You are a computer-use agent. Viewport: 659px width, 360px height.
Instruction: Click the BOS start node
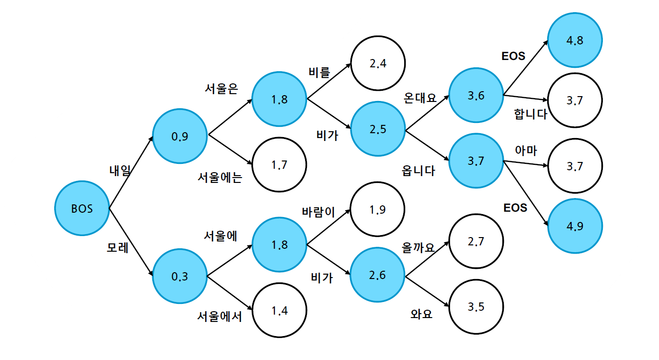click(x=82, y=208)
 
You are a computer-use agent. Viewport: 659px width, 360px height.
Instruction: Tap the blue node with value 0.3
click(x=180, y=277)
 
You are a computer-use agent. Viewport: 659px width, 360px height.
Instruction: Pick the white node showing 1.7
click(x=279, y=164)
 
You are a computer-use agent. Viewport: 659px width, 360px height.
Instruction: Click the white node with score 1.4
click(x=279, y=310)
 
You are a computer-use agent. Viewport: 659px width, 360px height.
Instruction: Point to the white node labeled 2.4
click(x=378, y=63)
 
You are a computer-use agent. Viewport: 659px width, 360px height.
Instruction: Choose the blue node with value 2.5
click(x=378, y=130)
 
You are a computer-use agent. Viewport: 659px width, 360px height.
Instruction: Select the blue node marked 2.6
click(x=378, y=275)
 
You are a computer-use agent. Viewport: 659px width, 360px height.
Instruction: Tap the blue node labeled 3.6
click(x=476, y=96)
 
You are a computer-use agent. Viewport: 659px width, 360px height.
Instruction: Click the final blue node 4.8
click(x=575, y=40)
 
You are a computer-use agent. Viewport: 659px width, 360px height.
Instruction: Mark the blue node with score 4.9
click(x=575, y=226)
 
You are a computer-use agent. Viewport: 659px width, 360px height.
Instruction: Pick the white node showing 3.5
click(x=476, y=307)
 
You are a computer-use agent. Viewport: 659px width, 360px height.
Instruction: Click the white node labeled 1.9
click(x=378, y=210)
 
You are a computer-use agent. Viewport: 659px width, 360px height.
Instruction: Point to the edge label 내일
click(x=120, y=170)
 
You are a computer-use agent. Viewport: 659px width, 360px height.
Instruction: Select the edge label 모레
click(x=118, y=247)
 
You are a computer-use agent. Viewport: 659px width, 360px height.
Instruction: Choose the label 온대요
click(x=419, y=97)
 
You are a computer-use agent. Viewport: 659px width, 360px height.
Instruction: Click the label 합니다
click(x=531, y=115)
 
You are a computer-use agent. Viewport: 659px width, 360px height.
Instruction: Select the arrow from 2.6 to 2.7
click(x=427, y=259)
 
